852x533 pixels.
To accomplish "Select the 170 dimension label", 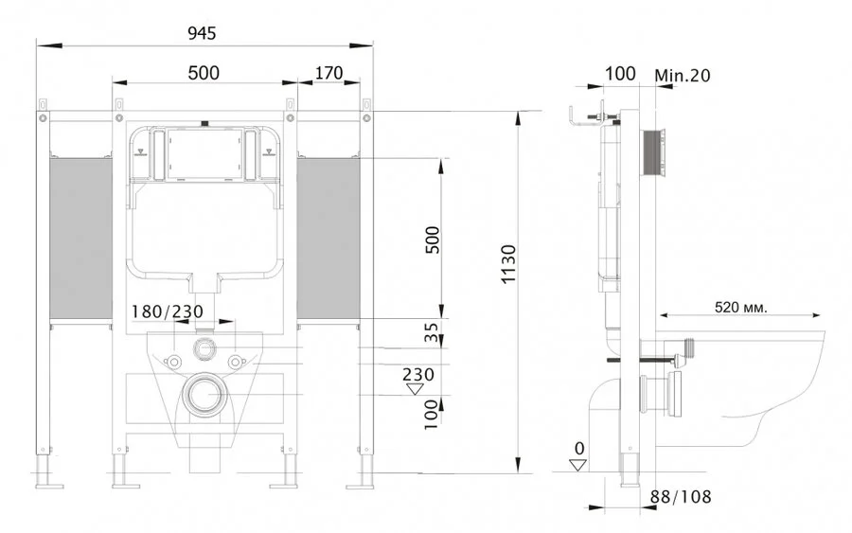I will [328, 74].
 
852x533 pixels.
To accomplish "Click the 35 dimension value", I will [432, 333].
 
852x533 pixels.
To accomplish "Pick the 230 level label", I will [417, 374].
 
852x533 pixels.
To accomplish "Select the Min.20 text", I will [683, 74].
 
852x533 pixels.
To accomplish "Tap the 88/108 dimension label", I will [681, 497].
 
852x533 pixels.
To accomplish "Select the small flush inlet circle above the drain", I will [204, 347].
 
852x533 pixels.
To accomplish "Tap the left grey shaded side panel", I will [80, 237].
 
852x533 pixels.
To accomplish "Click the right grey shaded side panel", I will [329, 237].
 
